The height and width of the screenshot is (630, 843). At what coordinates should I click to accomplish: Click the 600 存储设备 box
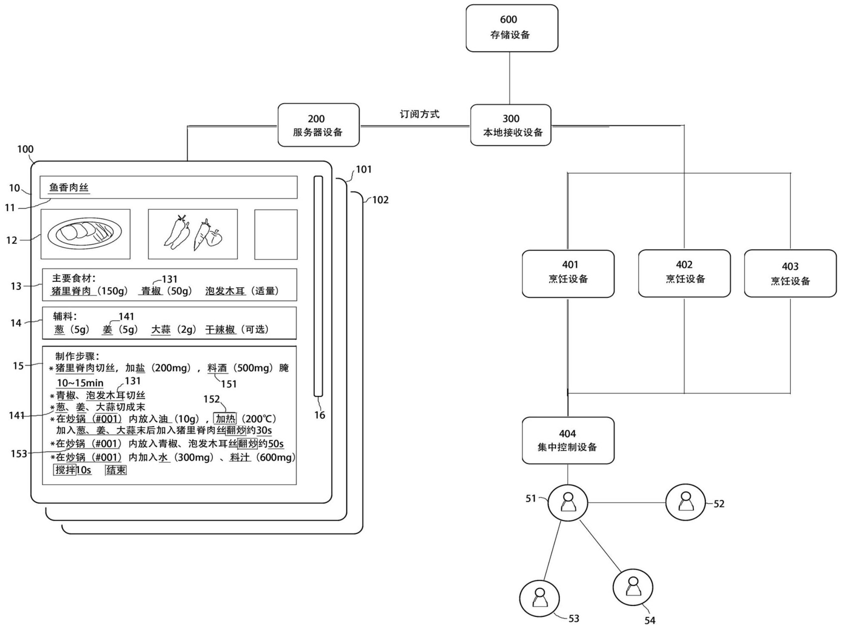tap(512, 28)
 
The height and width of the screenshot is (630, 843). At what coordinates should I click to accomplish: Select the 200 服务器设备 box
tap(318, 125)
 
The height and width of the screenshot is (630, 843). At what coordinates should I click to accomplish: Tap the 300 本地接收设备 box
tap(511, 125)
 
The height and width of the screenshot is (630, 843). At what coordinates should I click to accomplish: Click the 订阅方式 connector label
tap(419, 114)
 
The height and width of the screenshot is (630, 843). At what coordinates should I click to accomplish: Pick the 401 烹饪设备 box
tap(568, 274)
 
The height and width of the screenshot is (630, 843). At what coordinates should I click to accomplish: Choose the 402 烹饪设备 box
tap(684, 273)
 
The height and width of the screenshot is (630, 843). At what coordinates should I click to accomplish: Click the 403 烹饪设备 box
tap(790, 273)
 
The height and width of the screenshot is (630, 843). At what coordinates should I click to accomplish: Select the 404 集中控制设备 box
tap(568, 440)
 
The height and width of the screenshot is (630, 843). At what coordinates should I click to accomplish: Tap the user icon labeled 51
tap(568, 503)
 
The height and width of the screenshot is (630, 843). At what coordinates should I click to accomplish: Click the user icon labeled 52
tap(685, 502)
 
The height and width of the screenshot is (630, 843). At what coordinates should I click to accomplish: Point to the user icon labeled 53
tap(540, 598)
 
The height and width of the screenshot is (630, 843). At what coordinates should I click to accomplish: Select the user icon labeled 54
tap(633, 587)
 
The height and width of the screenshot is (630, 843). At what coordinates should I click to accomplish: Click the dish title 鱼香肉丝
tap(69, 187)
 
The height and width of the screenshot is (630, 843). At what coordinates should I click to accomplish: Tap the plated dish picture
tap(85, 234)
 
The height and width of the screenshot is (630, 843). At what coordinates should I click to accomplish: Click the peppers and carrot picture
tap(193, 234)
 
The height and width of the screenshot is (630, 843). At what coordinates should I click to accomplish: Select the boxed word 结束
tap(116, 470)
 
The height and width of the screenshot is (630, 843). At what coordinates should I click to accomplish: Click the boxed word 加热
tap(225, 418)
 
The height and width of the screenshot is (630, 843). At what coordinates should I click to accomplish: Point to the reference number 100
tap(25, 149)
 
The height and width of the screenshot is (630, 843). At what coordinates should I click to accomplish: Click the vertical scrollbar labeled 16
tap(318, 286)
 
